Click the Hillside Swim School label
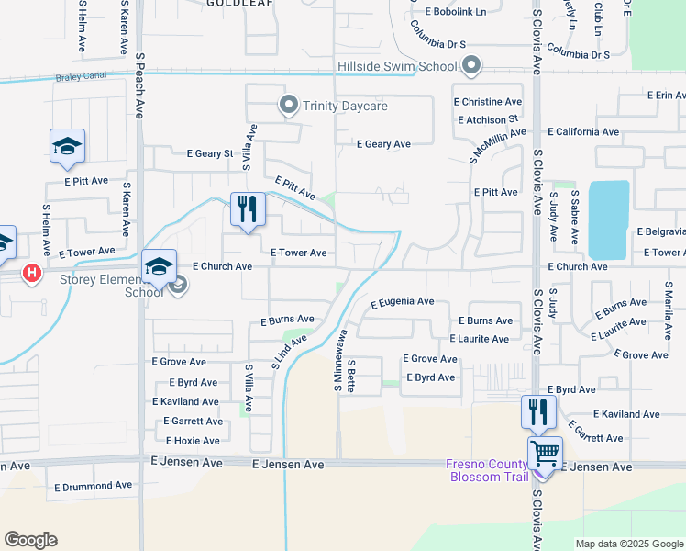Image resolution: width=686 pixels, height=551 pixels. click(397, 66)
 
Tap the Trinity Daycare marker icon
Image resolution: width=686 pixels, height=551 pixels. click(287, 106)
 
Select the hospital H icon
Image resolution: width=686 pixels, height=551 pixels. click(32, 274)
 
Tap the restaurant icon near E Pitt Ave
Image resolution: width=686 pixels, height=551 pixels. click(248, 210)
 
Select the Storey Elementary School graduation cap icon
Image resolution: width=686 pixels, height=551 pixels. click(159, 267)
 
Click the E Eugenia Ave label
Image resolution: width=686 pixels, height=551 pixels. click(402, 301)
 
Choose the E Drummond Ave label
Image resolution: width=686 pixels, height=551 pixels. click(93, 486)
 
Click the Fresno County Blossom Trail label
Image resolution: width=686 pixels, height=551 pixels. click(486, 470)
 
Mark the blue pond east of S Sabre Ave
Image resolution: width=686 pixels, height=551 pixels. click(608, 219)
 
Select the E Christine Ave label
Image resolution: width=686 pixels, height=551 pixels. click(487, 102)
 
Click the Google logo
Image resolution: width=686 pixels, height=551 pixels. click(31, 540)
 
